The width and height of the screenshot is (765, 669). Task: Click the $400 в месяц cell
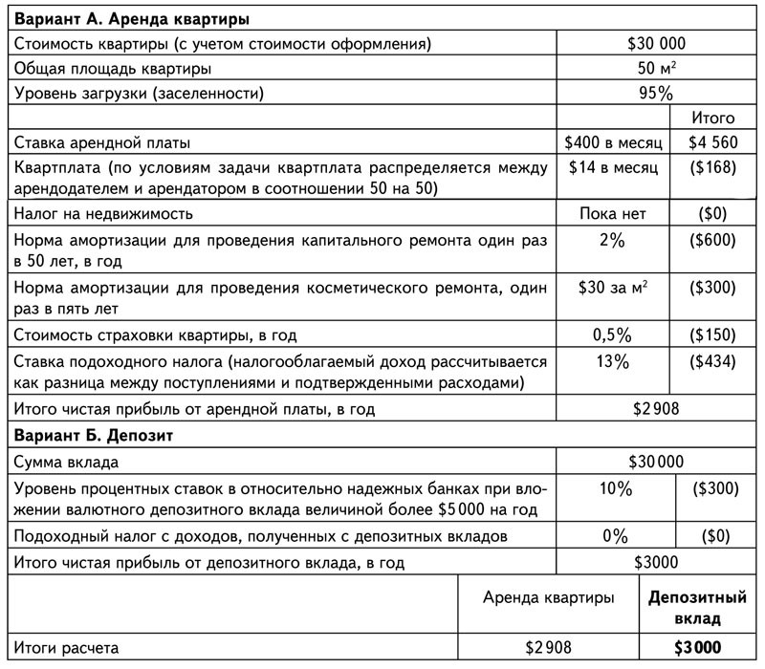(614, 143)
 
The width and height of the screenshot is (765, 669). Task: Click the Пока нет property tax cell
(614, 213)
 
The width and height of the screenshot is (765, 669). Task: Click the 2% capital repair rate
(614, 241)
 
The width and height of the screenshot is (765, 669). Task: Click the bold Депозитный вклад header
(697, 609)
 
